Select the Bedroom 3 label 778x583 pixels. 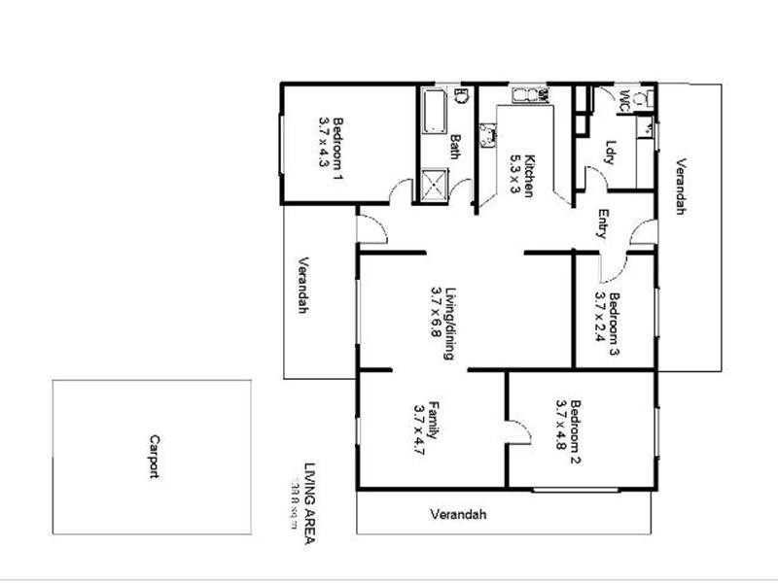click(615, 318)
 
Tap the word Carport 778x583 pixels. click(154, 456)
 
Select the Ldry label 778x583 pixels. click(610, 153)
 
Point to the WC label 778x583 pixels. click(624, 99)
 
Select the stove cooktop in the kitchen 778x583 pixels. click(485, 132)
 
